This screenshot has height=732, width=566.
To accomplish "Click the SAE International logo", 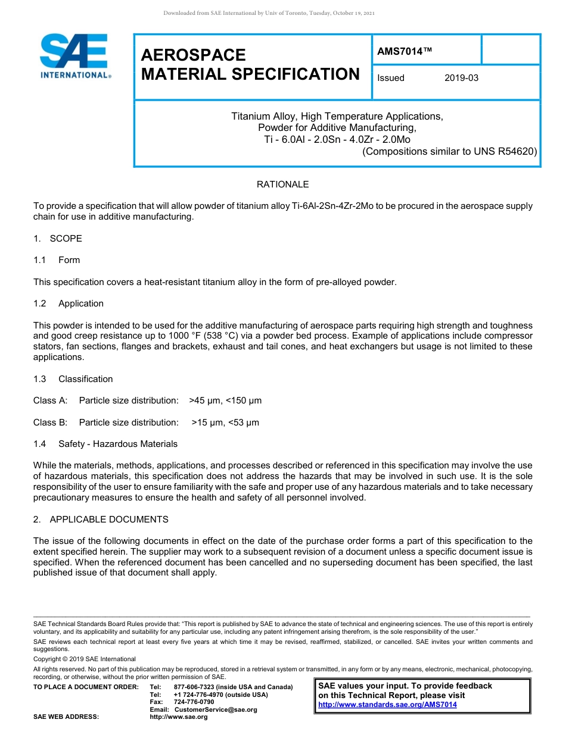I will (74, 56).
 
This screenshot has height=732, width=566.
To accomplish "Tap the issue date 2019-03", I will (461, 78).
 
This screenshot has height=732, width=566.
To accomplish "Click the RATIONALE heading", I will (282, 184).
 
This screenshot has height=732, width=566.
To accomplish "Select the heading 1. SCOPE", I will (58, 239).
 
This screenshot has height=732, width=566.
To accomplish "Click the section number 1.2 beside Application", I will (40, 304).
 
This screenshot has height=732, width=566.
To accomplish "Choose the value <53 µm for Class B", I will (244, 423).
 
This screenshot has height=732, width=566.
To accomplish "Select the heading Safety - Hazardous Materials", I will (118, 444).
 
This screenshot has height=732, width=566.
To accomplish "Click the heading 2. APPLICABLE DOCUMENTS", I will (101, 520).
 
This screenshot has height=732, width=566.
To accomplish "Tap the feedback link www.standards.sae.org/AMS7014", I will (387, 705).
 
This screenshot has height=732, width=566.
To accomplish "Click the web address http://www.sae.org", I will (178, 717).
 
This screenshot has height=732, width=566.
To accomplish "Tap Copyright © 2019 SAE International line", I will (85, 659).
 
